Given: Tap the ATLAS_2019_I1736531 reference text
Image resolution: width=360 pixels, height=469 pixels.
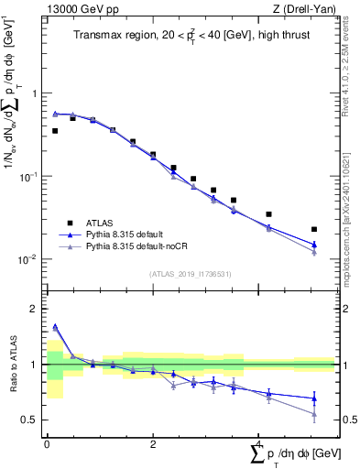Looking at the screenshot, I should pyautogui.click(x=190, y=274).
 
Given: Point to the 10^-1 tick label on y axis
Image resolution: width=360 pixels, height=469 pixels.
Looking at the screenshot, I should pyautogui.click(x=29, y=176).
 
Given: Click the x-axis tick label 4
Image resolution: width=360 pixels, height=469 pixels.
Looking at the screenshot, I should pyautogui.click(x=259, y=444).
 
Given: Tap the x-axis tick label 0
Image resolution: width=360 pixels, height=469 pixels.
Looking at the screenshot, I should pyautogui.click(x=47, y=444).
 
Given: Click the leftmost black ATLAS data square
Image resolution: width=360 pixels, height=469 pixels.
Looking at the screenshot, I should pyautogui.click(x=55, y=131).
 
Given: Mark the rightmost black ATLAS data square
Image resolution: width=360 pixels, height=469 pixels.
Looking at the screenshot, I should pyautogui.click(x=314, y=229).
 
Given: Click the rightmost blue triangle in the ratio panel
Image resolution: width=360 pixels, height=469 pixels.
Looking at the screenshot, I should pyautogui.click(x=314, y=398).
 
